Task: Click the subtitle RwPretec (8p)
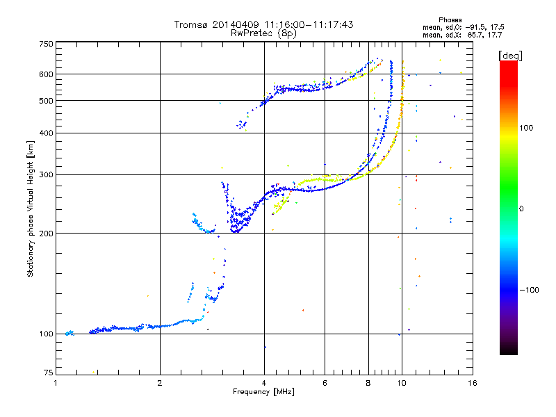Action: pos(263,33)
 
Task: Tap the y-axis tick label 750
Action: pos(46,44)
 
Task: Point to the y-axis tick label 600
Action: pos(46,74)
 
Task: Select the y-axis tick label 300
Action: pos(46,175)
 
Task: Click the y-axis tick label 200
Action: pos(46,234)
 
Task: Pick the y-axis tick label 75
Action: pos(48,373)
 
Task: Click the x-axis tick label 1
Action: pos(56,383)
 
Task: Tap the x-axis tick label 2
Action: pos(160,383)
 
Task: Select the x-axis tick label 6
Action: pos(325,383)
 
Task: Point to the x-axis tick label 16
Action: pos(473,383)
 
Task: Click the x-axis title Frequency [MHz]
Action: pos(263,392)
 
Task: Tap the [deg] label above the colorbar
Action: pos(510,56)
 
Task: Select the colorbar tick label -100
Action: pos(530,290)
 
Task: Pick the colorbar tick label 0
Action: pos(521,209)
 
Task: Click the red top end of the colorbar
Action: pos(509,62)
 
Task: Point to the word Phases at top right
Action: pos(450,20)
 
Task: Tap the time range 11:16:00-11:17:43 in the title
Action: pos(309,24)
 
